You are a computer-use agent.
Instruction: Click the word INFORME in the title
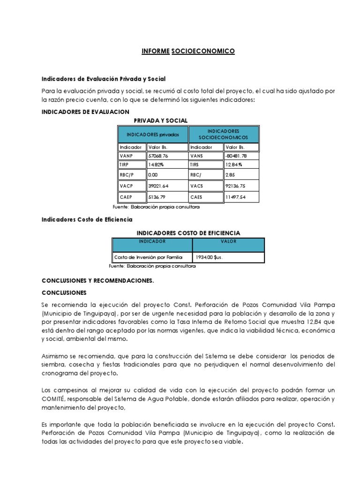[x=155, y=51]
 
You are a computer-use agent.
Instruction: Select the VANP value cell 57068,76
[x=158, y=156]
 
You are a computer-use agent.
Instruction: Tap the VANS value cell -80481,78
[x=236, y=156]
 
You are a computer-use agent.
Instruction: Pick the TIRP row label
[x=124, y=165]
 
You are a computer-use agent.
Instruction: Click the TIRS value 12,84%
[x=233, y=165]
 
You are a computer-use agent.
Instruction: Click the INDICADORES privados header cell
[x=153, y=135]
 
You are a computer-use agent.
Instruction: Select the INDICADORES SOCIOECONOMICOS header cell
[x=223, y=135]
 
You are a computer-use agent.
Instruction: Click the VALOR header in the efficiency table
[x=228, y=242]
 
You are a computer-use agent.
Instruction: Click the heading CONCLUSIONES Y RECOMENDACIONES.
[x=97, y=281]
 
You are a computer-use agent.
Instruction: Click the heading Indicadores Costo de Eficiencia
[x=87, y=219]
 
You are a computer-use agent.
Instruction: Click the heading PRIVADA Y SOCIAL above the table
[x=161, y=120]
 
